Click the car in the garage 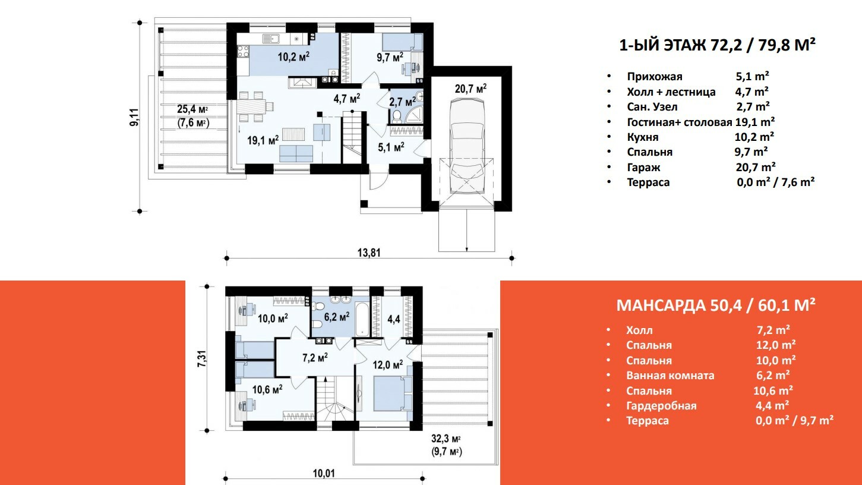tap(467, 146)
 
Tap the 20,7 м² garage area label tap(471, 89)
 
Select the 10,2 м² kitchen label tap(293, 57)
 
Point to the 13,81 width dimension tap(369, 253)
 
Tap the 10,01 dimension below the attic tap(324, 473)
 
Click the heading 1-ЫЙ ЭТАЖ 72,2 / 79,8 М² tap(717, 45)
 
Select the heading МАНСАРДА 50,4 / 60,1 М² tap(716, 306)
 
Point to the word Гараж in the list tap(643, 168)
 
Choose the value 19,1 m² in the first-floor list tap(754, 122)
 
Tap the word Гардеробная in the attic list tap(661, 406)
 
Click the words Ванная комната tap(670, 375)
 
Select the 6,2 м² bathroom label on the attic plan tap(337, 317)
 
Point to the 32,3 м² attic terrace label tap(446, 439)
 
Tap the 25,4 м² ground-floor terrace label tap(192, 109)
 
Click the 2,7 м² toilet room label tap(402, 102)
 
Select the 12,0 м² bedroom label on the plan tap(387, 364)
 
